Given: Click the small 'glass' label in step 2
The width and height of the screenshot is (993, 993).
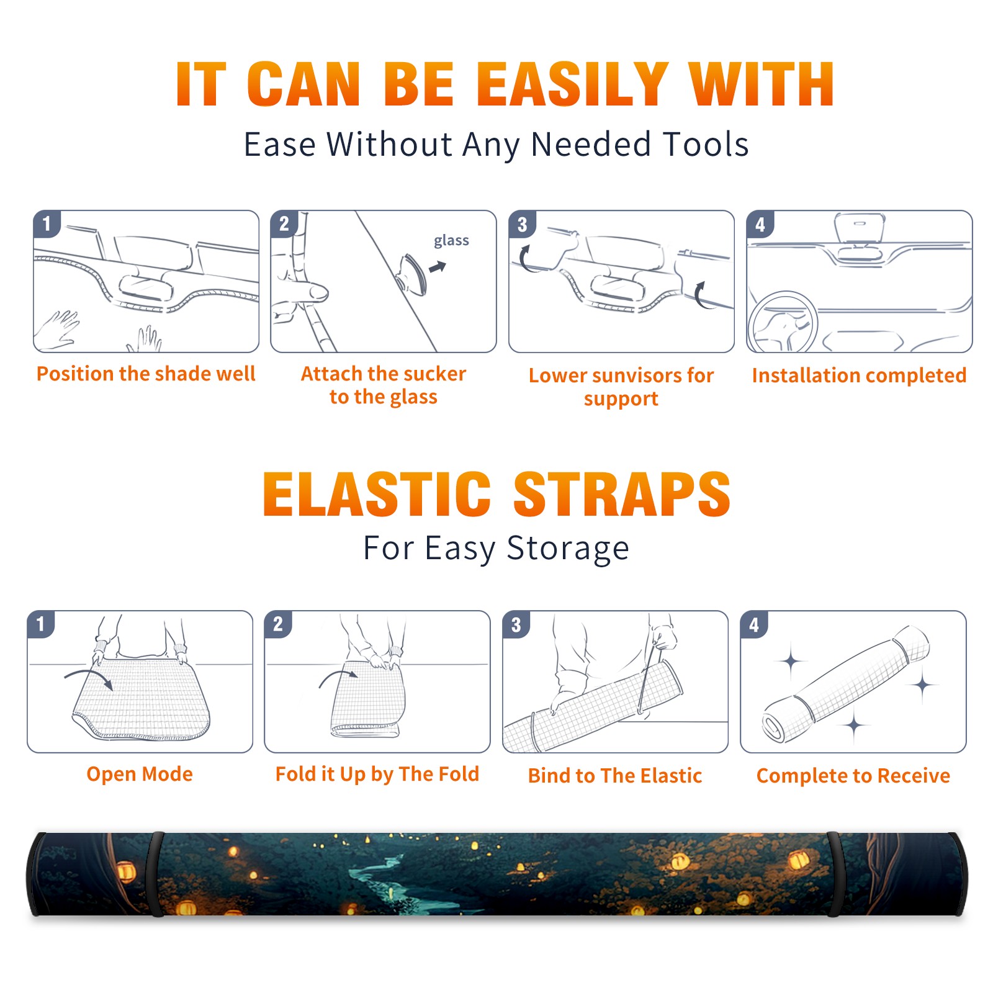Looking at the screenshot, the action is tap(451, 240).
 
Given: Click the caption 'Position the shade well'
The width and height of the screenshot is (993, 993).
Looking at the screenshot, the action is tap(146, 374).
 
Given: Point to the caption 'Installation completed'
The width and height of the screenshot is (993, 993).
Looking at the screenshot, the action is tap(859, 375).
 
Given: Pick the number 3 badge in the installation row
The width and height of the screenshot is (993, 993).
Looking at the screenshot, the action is tap(522, 224).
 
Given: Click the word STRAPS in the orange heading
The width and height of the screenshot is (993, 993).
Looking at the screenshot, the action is tap(622, 494).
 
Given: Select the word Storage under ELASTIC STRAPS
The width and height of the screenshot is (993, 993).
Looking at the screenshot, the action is tap(568, 549).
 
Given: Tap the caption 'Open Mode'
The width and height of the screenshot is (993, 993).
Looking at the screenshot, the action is tap(140, 774).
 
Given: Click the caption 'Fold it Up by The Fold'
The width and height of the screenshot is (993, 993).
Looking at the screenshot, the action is tap(377, 774).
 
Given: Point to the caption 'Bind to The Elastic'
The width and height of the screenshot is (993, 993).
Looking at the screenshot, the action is tap(615, 776).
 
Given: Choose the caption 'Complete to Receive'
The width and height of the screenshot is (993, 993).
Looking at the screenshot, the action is tap(853, 776).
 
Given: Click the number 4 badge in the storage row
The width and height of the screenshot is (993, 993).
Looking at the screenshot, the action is tap(754, 624).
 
